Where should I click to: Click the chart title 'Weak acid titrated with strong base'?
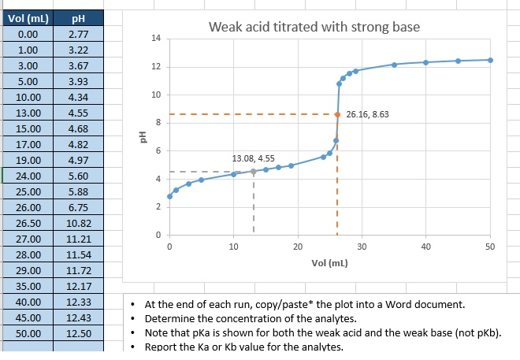[x=314, y=28]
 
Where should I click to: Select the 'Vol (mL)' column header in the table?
[x=28, y=19]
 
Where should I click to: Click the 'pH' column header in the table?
[x=78, y=19]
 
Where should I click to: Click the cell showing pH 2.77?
[x=78, y=35]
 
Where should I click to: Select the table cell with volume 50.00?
[x=28, y=333]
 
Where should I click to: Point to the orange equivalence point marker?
[x=337, y=114]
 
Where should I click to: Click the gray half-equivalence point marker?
[x=253, y=171]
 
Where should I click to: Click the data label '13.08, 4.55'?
[x=253, y=159]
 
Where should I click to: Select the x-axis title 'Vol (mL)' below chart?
[x=330, y=262]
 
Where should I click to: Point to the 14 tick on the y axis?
[x=155, y=39]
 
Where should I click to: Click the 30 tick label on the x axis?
[x=361, y=247]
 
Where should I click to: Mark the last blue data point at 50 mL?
[x=490, y=60]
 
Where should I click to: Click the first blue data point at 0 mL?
[x=169, y=196]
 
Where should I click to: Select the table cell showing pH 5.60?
[x=78, y=176]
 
